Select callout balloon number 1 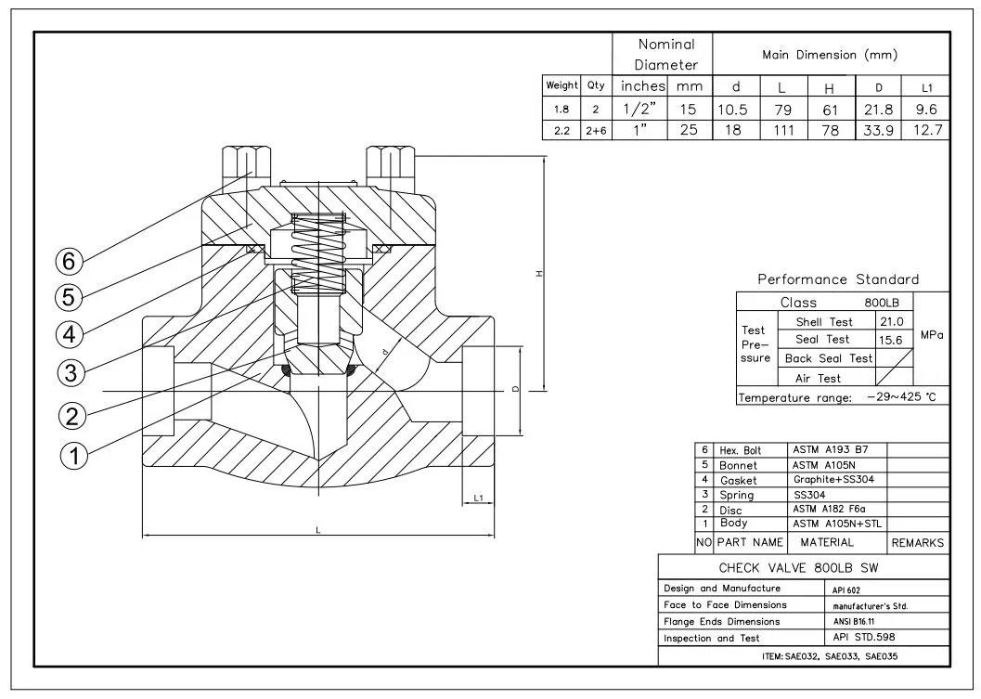74,454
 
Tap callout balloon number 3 71,372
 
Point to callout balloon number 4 71,332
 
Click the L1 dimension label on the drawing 478,498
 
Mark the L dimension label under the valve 317,529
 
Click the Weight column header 561,85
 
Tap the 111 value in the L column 782,131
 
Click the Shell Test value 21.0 890,322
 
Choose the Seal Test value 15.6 890,340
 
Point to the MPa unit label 931,335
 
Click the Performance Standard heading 837,279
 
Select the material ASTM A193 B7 828,449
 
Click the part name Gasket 738,480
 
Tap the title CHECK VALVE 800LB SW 798,568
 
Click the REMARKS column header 917,542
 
